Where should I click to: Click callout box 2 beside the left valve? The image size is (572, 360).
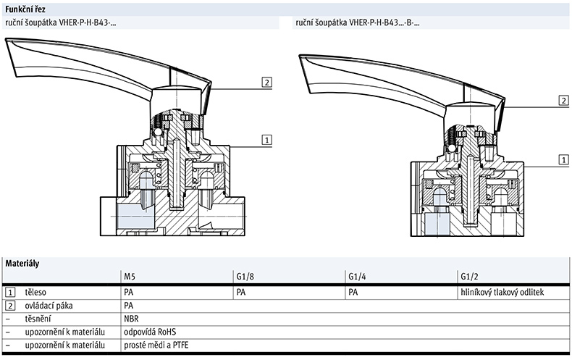[266, 82]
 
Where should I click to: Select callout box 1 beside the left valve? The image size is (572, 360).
[266, 139]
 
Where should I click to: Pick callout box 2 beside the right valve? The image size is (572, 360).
[563, 101]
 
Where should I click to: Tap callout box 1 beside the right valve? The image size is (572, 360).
[563, 159]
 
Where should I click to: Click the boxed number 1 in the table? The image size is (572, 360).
[10, 291]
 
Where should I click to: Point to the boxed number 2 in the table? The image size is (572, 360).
[10, 304]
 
